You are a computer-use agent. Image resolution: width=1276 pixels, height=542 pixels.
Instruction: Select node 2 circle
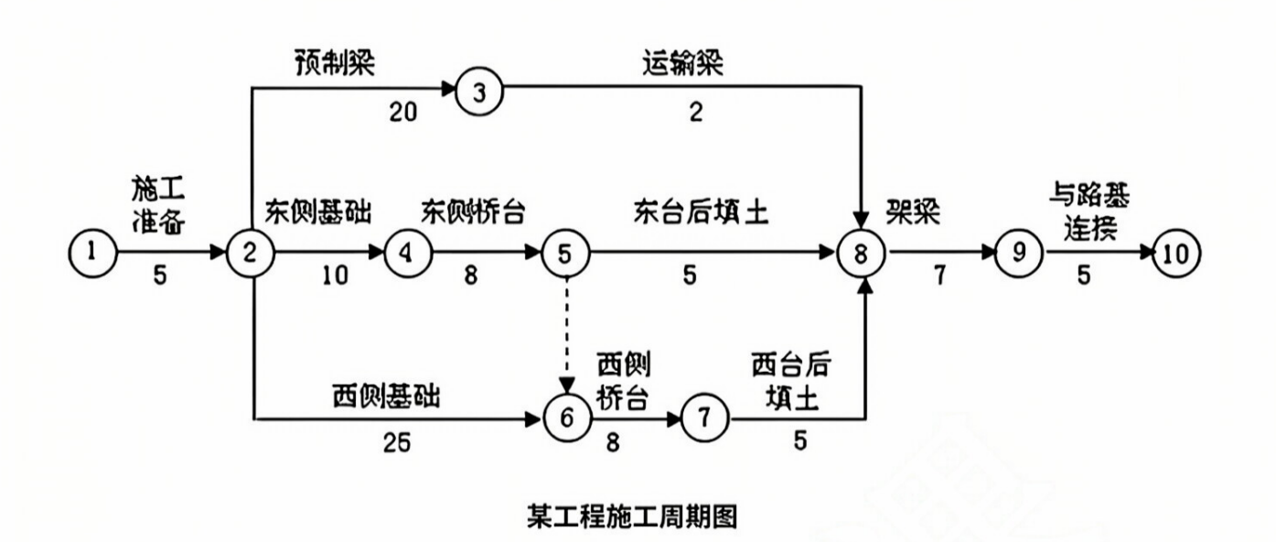[248, 251]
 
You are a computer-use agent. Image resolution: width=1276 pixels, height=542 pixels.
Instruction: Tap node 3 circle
[477, 92]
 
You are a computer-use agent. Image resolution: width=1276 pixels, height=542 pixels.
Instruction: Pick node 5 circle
[563, 251]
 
